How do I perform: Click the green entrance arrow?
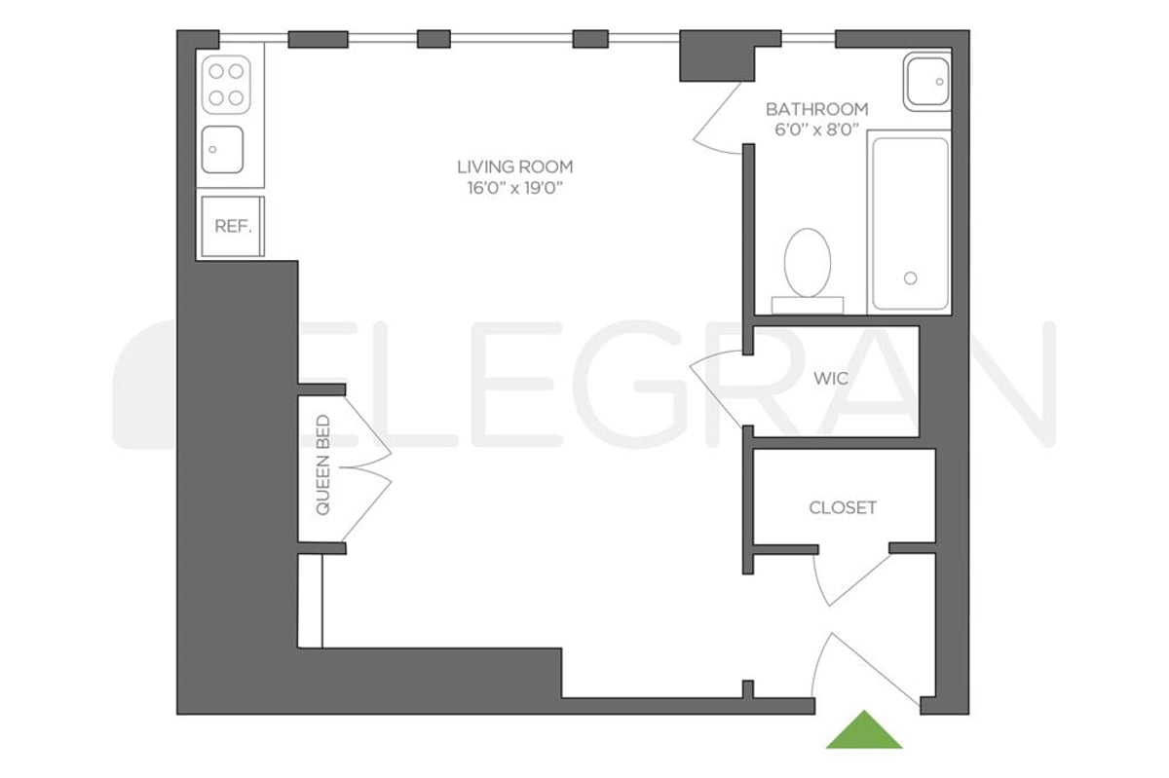click(x=863, y=731)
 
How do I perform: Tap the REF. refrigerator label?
click(x=233, y=226)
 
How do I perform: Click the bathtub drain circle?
click(x=910, y=278)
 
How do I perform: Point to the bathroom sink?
click(x=925, y=81)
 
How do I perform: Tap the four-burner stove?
click(x=226, y=83)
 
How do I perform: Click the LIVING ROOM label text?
click(x=515, y=167)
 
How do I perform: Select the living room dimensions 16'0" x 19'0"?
click(x=515, y=189)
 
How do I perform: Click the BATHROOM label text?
click(x=816, y=109)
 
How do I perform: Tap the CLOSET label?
click(x=843, y=507)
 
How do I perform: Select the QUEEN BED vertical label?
click(x=322, y=465)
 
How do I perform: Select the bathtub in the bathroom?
click(x=909, y=222)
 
